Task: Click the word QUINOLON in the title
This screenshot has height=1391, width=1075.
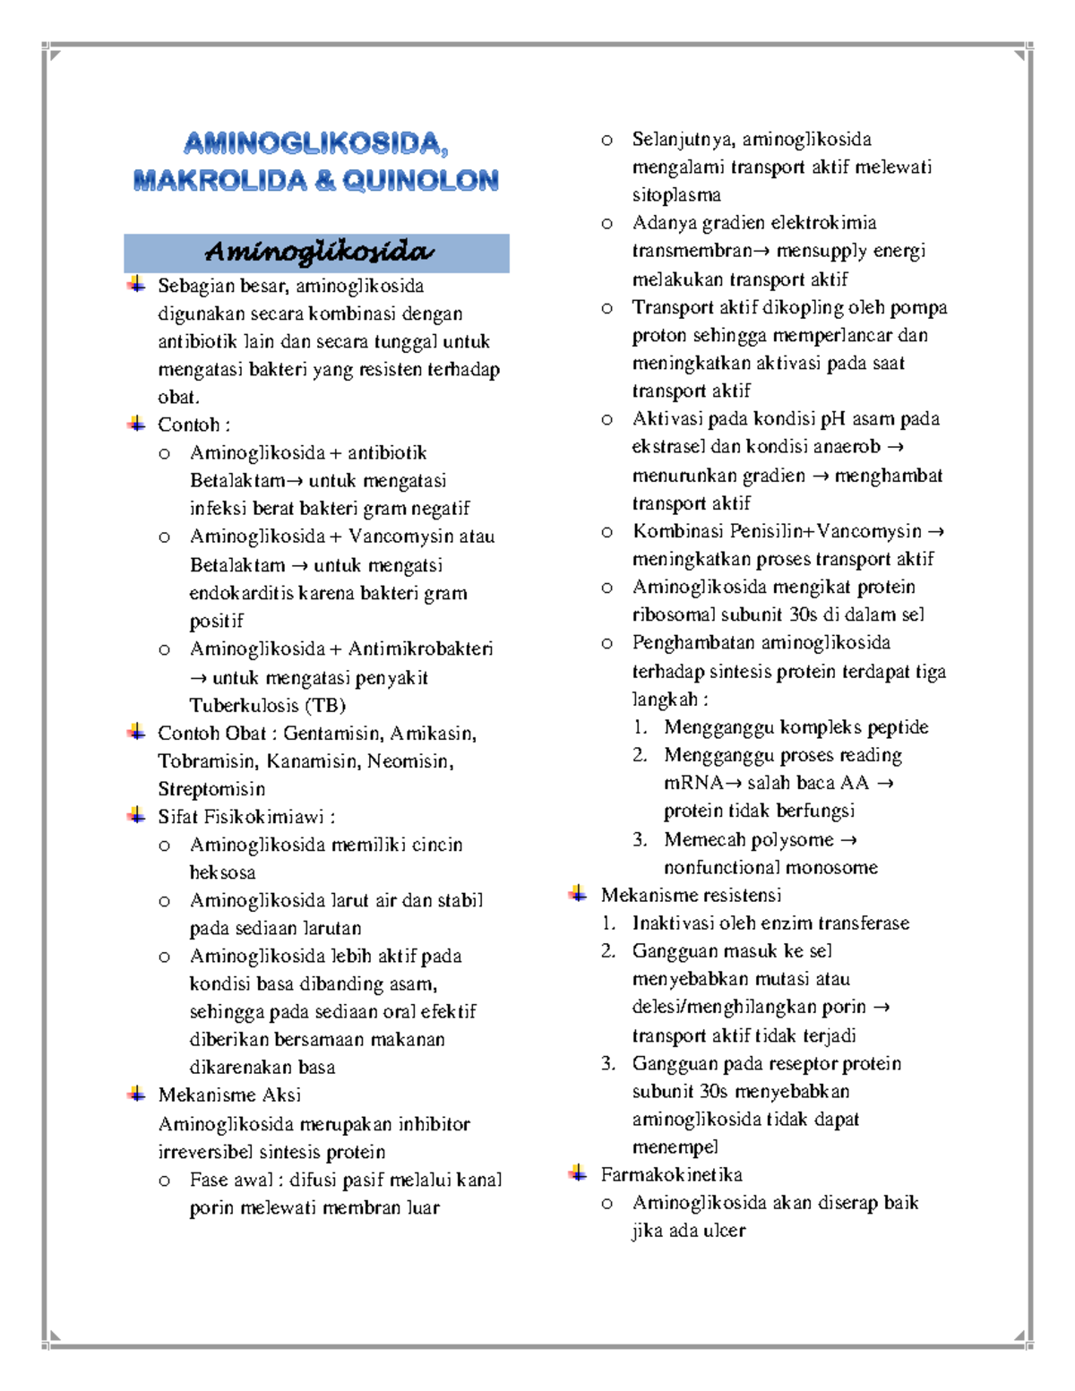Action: tap(420, 181)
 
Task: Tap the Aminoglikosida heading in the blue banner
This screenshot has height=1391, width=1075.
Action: tap(319, 252)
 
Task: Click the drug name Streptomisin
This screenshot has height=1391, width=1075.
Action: tap(211, 789)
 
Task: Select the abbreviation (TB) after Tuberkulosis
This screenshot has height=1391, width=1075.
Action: tap(325, 705)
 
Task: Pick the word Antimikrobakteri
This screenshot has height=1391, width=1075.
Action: tap(420, 648)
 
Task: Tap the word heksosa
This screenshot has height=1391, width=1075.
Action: tap(222, 872)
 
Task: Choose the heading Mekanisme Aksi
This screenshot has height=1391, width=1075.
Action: tap(229, 1095)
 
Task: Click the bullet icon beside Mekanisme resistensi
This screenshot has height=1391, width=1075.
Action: tap(578, 894)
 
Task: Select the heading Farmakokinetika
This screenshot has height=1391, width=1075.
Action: tap(671, 1174)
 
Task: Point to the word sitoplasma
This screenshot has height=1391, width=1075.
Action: tap(676, 194)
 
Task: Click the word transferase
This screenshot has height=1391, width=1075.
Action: tap(863, 923)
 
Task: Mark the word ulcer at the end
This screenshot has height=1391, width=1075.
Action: tap(724, 1231)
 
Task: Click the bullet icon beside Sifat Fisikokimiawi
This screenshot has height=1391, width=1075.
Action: tap(136, 815)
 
